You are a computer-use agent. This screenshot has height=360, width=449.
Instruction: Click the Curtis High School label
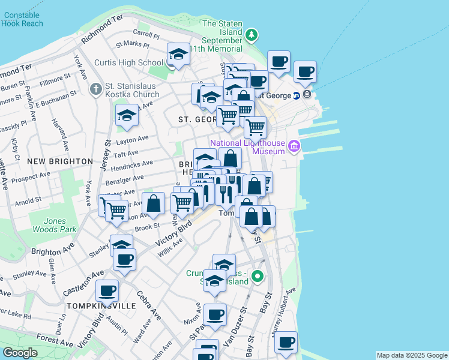click(x=129, y=62)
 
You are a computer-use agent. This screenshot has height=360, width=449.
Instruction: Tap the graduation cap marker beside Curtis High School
click(x=178, y=55)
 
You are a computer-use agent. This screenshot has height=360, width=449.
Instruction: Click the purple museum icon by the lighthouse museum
click(x=294, y=146)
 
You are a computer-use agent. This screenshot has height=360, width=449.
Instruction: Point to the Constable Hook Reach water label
click(x=22, y=19)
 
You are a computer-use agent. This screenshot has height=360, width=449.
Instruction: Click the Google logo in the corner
click(x=20, y=353)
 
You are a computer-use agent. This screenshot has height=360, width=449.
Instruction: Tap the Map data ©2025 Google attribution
click(x=412, y=355)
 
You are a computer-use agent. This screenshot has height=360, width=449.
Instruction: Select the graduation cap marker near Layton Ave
click(x=127, y=115)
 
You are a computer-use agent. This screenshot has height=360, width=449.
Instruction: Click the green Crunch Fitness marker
click(x=258, y=277)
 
